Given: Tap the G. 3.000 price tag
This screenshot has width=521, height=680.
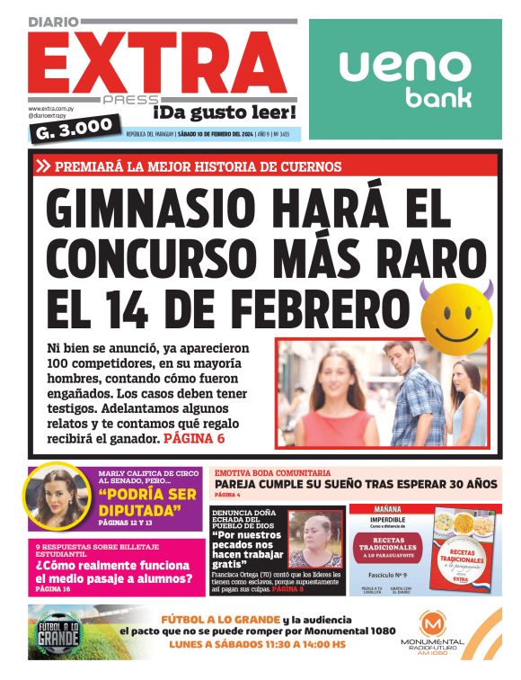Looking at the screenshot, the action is [x=75, y=129].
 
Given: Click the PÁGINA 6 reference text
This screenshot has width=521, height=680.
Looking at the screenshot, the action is [x=193, y=438].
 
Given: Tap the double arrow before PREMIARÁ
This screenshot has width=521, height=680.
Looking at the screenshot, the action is [x=43, y=166].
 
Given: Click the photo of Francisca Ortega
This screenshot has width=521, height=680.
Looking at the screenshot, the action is [x=315, y=538].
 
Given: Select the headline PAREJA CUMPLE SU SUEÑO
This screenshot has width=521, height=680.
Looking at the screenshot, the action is [x=356, y=484].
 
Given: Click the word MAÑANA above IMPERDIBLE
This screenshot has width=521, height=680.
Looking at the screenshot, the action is [x=381, y=509].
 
